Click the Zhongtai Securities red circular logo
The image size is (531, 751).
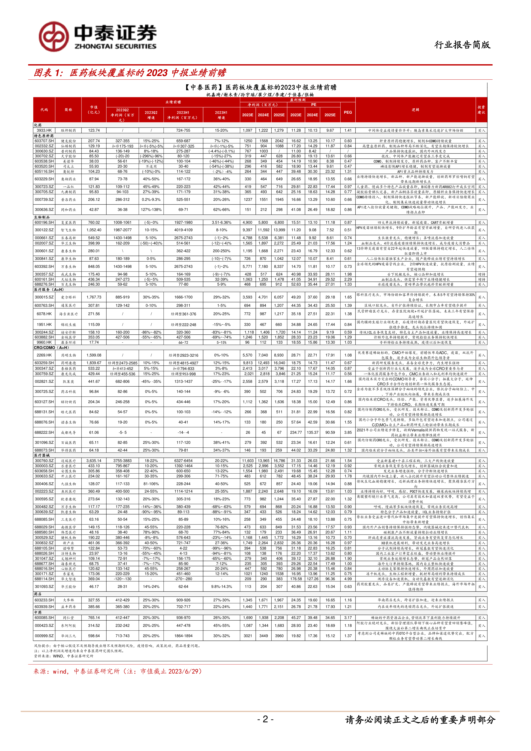[54, 37]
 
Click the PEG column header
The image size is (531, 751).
[348, 112]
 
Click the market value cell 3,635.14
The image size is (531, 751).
[94, 460]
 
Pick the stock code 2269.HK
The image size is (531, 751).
[44, 355]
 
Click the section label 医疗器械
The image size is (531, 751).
[42, 455]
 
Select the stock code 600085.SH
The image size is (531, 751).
[44, 618]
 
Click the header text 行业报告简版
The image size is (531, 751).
[462, 45]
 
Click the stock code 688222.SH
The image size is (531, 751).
[44, 432]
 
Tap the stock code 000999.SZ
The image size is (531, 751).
[44, 636]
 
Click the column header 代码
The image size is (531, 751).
[44, 110]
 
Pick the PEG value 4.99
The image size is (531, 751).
[348, 579]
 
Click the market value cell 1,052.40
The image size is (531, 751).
[94, 230]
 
